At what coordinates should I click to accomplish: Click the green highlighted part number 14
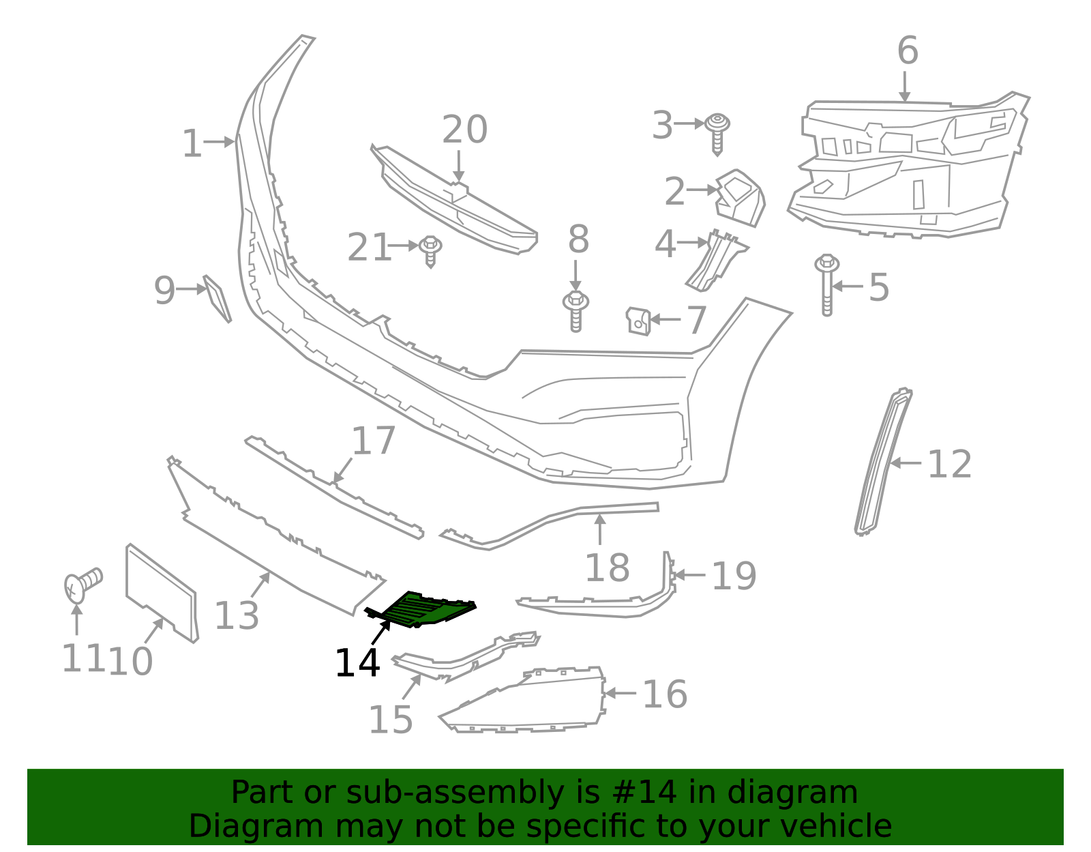pos(426,608)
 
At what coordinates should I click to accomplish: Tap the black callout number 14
pos(357,663)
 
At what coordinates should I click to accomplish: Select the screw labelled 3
pos(717,133)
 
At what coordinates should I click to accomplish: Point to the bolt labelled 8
pos(576,310)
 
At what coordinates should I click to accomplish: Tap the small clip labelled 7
pos(638,320)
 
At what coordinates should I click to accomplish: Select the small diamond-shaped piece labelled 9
pos(218,298)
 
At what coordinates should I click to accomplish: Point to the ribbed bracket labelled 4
pos(715,259)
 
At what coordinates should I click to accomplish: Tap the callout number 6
pos(908,51)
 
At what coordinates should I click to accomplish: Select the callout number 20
pos(464,130)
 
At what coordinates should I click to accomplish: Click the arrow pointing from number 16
pos(620,694)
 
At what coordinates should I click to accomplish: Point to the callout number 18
pos(607,568)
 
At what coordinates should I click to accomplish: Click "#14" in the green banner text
pos(645,793)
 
